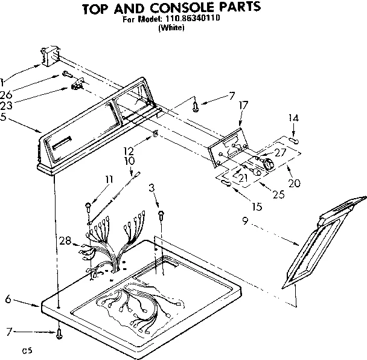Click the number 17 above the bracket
(x=243, y=104)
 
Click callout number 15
(x=258, y=207)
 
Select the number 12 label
(x=129, y=152)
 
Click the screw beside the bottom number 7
(x=59, y=332)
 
